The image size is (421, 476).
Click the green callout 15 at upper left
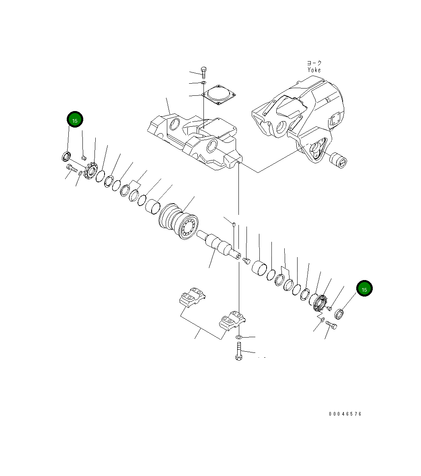pos(75,120)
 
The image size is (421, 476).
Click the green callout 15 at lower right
pos(364,289)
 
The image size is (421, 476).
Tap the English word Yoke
pos(314,70)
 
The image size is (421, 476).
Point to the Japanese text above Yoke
pos(314,63)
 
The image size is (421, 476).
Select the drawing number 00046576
pos(345,414)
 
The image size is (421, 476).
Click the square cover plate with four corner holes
pos(218,96)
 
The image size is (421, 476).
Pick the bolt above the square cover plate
pos(203,73)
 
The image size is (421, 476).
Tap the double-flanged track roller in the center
pos(179,222)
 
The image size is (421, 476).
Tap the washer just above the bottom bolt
pos(238,336)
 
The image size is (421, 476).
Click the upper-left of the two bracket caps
pos(192,297)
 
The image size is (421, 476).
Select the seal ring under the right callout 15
pos(339,313)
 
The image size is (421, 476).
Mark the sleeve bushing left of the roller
pos(153,206)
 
